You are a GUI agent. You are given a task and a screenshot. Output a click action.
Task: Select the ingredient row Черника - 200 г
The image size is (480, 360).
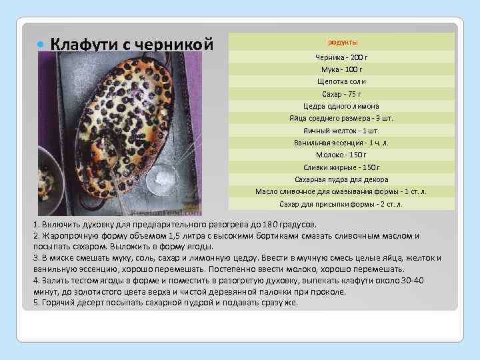click(341, 57)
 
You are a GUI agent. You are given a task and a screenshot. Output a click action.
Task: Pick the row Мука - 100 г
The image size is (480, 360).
click(341, 69)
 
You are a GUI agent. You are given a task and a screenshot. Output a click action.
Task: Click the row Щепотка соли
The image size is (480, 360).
click(341, 81)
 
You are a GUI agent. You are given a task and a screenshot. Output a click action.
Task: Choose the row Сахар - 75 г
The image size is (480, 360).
click(341, 94)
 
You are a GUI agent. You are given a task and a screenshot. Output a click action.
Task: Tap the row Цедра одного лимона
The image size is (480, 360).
click(341, 106)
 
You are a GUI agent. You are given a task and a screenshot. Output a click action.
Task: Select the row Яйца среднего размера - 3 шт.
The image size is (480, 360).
click(341, 118)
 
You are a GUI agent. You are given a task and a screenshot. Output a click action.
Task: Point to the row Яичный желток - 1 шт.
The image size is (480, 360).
click(341, 131)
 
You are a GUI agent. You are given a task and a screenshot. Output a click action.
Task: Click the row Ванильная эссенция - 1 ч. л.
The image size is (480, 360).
click(341, 143)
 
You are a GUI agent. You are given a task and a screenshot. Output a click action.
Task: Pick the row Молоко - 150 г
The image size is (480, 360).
click(341, 155)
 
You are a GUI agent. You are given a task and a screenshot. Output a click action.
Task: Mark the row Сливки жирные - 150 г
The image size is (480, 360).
click(341, 167)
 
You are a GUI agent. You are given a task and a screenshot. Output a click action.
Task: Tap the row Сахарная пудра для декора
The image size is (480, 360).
click(341, 179)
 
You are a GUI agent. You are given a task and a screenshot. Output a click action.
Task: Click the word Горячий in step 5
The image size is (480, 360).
click(58, 303)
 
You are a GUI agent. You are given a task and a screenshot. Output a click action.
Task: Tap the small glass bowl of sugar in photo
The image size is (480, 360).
click(163, 177)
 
